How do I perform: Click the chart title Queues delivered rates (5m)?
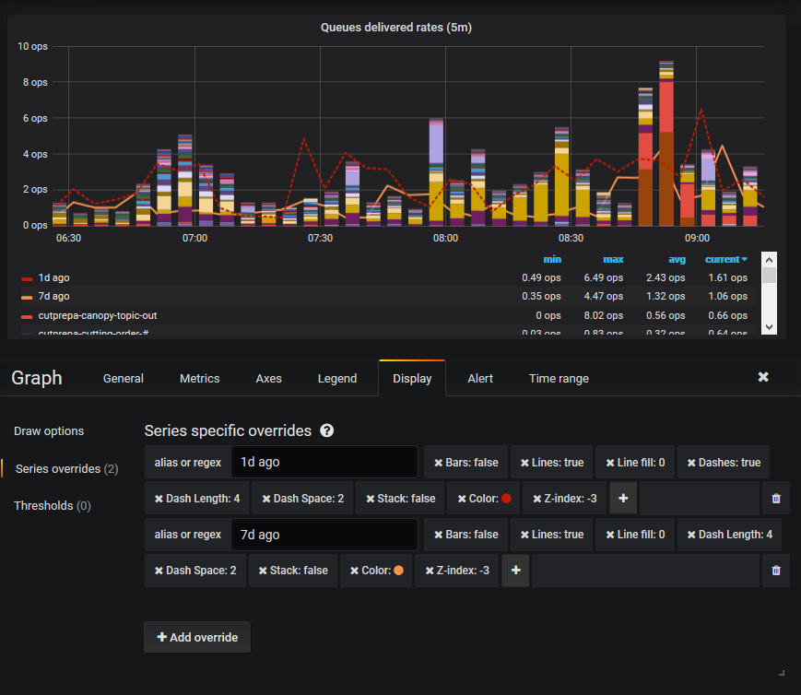pyautogui.click(x=396, y=28)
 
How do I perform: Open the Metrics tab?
pyautogui.click(x=199, y=379)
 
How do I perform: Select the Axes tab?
pyautogui.click(x=268, y=379)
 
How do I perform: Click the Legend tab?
pyautogui.click(x=337, y=379)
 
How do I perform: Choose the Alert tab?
pyautogui.click(x=479, y=379)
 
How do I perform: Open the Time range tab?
pyautogui.click(x=559, y=379)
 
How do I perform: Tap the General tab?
pyautogui.click(x=124, y=379)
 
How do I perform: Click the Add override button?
pyautogui.click(x=197, y=637)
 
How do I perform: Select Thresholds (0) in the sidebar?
pyautogui.click(x=52, y=506)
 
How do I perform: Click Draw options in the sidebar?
pyautogui.click(x=49, y=431)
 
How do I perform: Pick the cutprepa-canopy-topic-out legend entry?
pyautogui.click(x=97, y=315)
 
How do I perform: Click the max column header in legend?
pyautogui.click(x=612, y=260)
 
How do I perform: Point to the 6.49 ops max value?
pyautogui.click(x=603, y=277)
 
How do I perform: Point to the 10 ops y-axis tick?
pyautogui.click(x=32, y=47)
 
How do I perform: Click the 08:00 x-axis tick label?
pyautogui.click(x=445, y=238)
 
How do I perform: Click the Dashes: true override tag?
pyautogui.click(x=724, y=463)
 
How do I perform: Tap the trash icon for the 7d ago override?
pyautogui.click(x=775, y=571)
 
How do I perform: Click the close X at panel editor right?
pyautogui.click(x=763, y=378)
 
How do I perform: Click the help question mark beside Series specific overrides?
pyautogui.click(x=326, y=430)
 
